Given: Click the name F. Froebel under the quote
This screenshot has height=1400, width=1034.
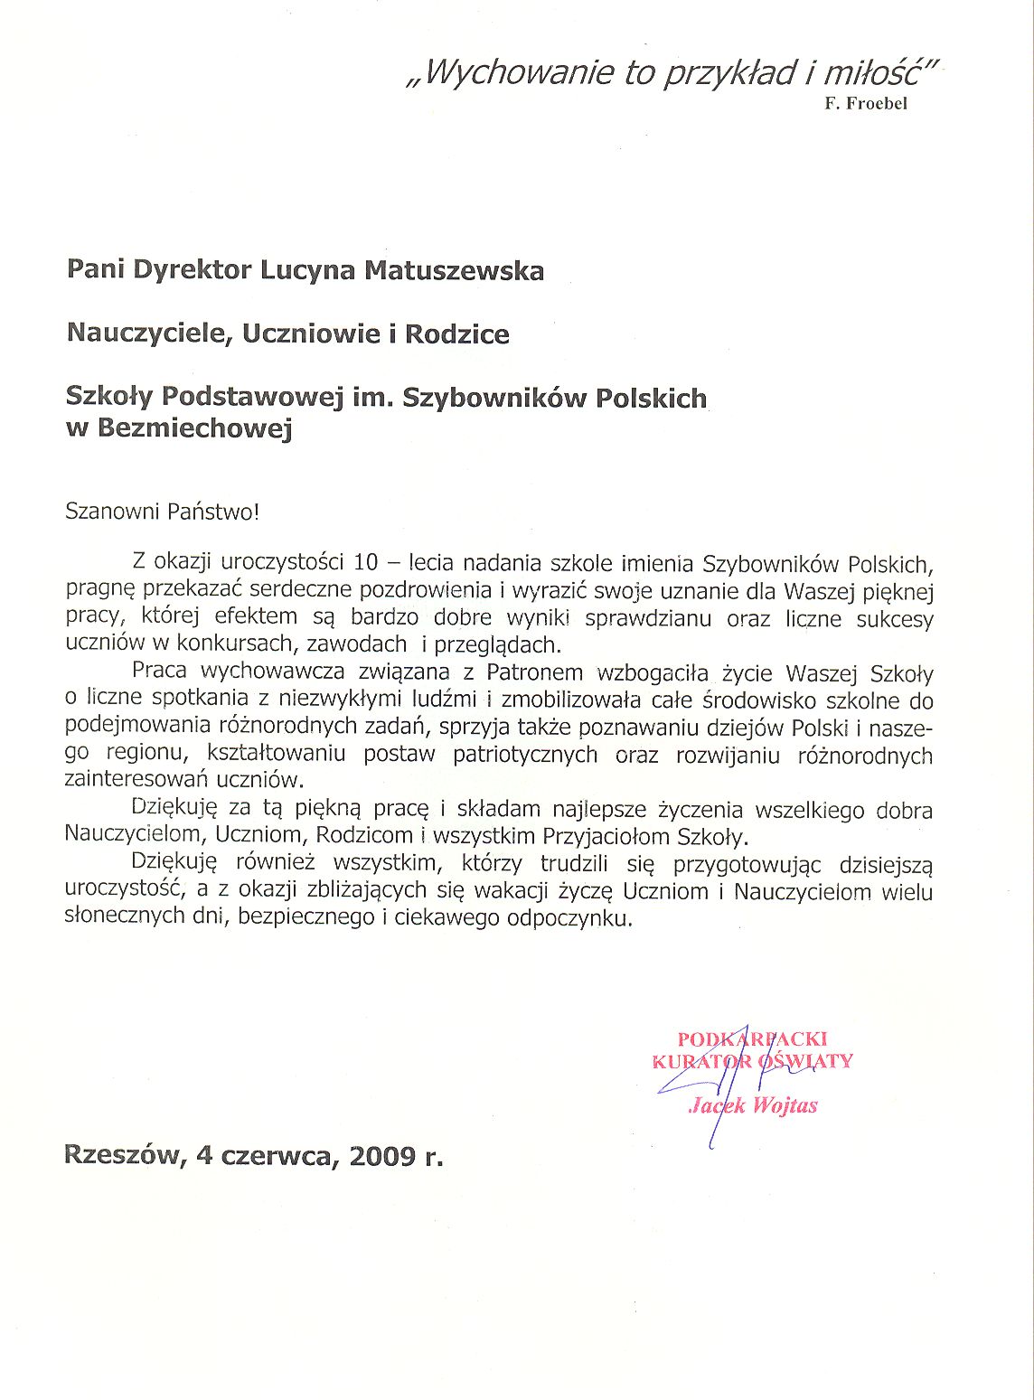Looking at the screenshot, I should tap(865, 103).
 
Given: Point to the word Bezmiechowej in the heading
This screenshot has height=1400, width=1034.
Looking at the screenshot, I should tap(194, 429).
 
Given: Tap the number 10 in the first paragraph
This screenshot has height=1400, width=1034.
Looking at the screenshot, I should tap(366, 563).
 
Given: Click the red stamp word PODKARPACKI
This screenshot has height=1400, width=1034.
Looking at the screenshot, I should tap(752, 1039).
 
